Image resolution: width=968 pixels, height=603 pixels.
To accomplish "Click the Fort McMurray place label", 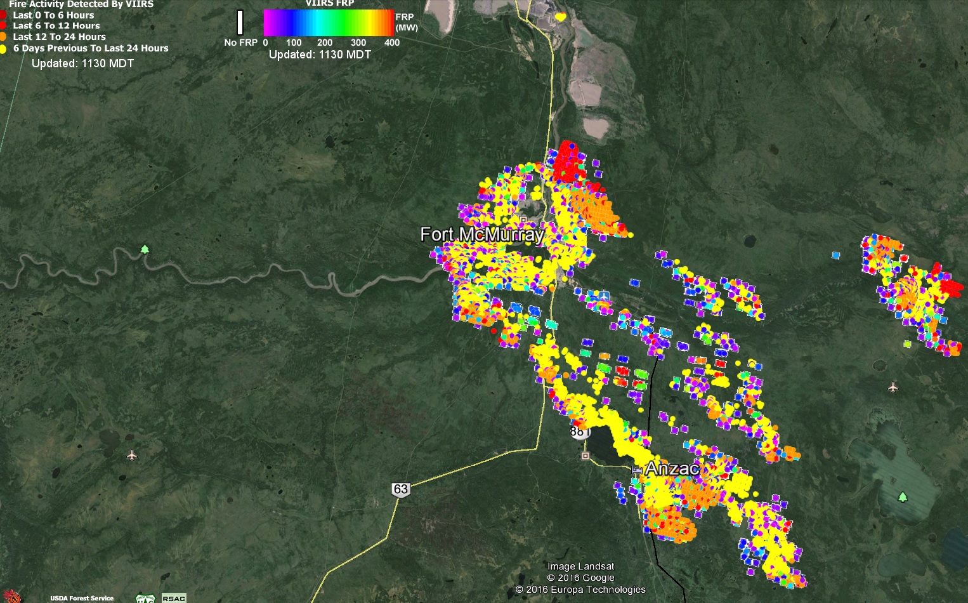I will coord(482,235).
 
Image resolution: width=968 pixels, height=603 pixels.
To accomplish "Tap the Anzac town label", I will coord(672,469).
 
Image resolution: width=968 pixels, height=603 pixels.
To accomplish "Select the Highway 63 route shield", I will coord(401,489).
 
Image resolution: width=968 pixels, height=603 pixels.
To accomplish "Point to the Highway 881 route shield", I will coord(579,432).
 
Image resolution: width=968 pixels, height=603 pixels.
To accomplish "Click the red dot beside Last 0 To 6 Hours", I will coord(3,15).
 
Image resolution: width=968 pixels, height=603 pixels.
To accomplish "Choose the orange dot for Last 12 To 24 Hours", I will coord(3,37).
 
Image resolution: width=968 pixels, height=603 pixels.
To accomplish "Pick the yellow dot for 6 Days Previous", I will coord(3,48).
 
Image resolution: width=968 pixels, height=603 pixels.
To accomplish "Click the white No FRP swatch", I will coord(240,23).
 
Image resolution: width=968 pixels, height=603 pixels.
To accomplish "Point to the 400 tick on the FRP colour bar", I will coord(392,43).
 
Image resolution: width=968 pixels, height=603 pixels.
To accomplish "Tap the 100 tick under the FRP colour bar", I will coord(294,43).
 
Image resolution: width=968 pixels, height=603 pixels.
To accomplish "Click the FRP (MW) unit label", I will coord(406,22).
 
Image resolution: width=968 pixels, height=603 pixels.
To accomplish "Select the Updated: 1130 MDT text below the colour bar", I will coord(320,55).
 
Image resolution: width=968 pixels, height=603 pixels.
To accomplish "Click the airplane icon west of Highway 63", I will coord(132,455).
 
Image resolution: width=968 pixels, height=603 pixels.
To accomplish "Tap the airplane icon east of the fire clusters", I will coord(893,387).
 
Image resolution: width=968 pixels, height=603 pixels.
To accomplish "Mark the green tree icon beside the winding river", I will coord(145,249).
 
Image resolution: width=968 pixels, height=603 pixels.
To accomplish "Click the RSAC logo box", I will coord(174,598).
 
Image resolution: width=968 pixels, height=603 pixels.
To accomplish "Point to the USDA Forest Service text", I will coord(82,598).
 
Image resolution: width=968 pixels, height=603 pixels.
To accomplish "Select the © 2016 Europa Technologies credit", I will coord(580,590).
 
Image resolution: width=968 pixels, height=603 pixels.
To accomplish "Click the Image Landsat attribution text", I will coord(580,566).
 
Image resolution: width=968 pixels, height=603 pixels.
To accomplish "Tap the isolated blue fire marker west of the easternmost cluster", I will coord(835,255).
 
